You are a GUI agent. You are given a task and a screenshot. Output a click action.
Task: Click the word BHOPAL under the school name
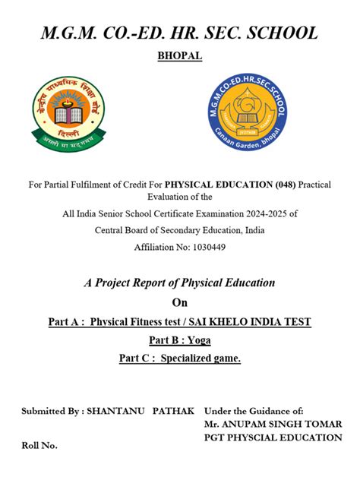click(x=179, y=55)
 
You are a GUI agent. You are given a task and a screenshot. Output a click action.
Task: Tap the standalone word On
click(x=179, y=302)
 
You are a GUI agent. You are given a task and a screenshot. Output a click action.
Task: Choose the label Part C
click(x=135, y=358)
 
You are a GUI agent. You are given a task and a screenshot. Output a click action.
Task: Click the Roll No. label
click(x=39, y=446)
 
